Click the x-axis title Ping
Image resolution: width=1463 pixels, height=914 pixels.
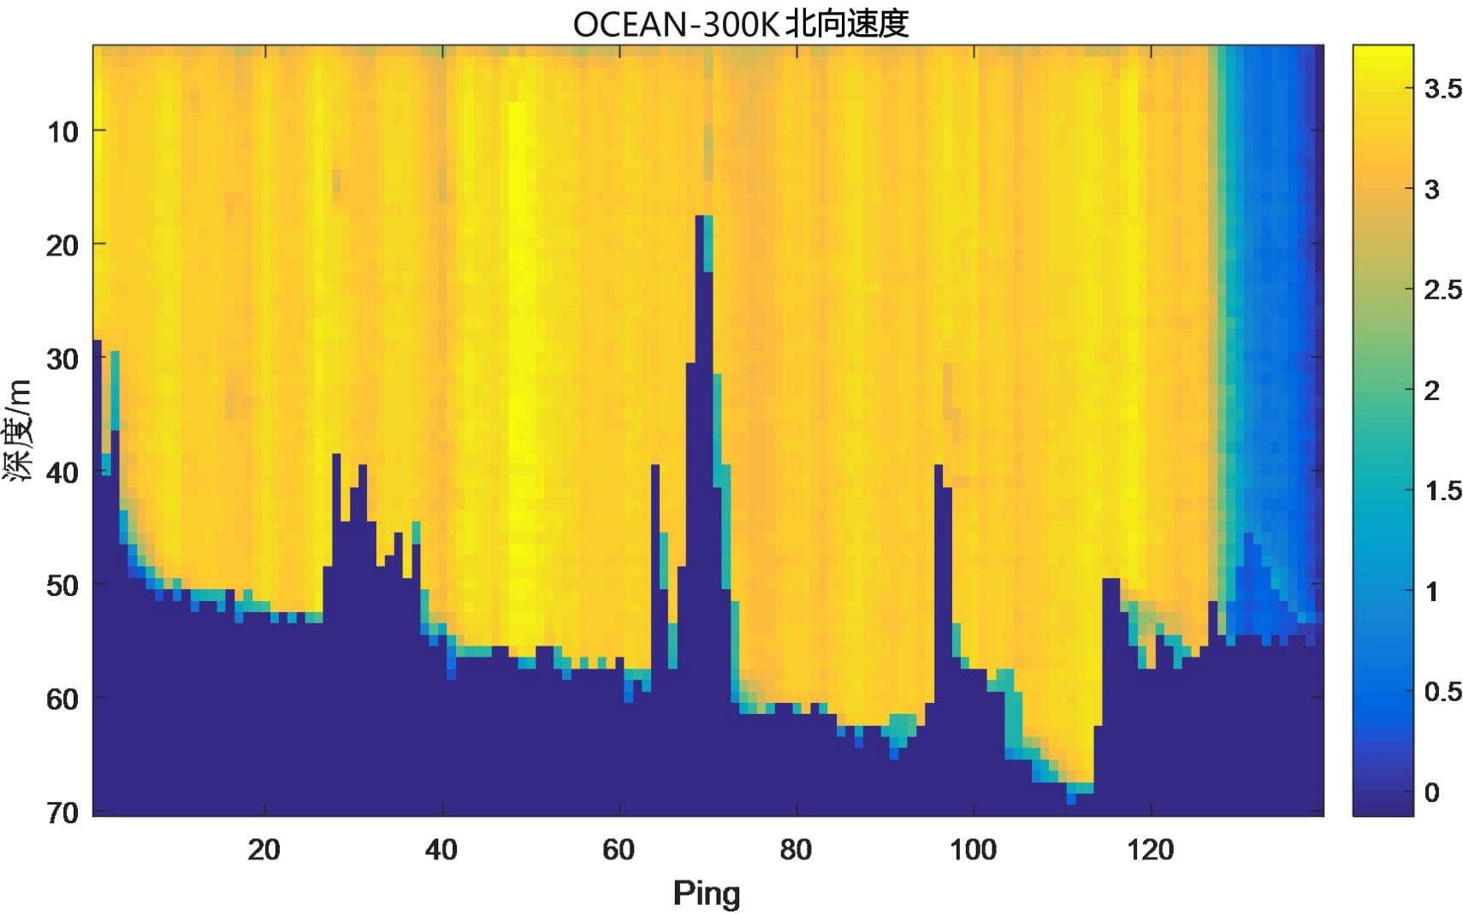click(706, 893)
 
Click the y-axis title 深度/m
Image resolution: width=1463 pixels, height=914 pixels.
click(19, 430)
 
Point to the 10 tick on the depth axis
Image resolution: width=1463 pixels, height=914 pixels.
click(62, 132)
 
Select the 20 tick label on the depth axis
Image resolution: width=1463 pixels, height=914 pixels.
click(62, 245)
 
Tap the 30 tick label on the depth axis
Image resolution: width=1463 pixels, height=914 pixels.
click(62, 359)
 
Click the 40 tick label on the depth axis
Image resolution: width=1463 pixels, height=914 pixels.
click(62, 473)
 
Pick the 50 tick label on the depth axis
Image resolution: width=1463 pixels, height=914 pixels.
click(62, 587)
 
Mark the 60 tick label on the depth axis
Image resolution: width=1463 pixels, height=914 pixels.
click(62, 699)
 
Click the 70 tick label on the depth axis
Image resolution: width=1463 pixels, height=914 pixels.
click(62, 812)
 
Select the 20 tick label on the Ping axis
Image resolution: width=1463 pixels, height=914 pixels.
click(264, 850)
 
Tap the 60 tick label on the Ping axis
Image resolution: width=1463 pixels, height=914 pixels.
click(619, 850)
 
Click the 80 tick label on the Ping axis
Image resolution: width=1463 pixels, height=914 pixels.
click(796, 850)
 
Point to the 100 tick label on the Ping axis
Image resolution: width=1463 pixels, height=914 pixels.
click(973, 850)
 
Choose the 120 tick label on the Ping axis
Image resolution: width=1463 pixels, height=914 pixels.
click(1150, 850)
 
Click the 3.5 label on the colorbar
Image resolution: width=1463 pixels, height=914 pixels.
click(1442, 89)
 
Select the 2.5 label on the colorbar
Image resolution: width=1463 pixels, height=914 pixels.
click(1442, 290)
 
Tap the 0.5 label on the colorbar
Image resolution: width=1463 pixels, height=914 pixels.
click(1442, 692)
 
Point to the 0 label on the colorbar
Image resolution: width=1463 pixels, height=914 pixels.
click(1432, 793)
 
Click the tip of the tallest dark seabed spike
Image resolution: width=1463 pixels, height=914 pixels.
click(700, 218)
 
